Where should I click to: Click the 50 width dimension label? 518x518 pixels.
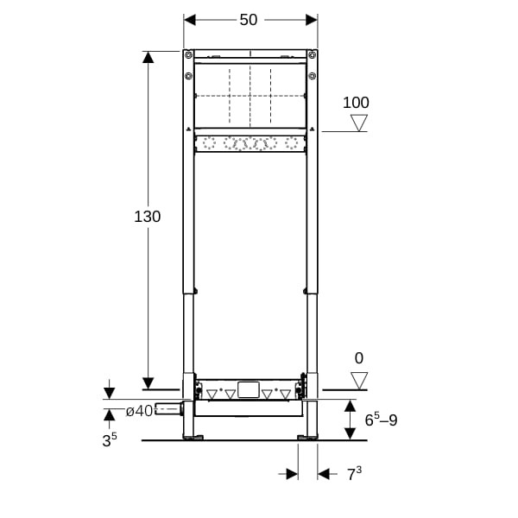249,20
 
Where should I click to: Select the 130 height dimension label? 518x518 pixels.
148,217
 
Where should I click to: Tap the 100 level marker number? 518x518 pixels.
356,103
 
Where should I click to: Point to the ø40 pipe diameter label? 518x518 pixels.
139,411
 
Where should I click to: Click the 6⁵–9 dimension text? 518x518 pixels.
381,420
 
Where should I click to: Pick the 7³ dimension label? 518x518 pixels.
355,474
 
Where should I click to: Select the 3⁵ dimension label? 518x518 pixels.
110,440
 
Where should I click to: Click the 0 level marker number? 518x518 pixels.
359,358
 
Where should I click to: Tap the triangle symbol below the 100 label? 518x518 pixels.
359,123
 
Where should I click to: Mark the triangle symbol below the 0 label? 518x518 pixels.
359,381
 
